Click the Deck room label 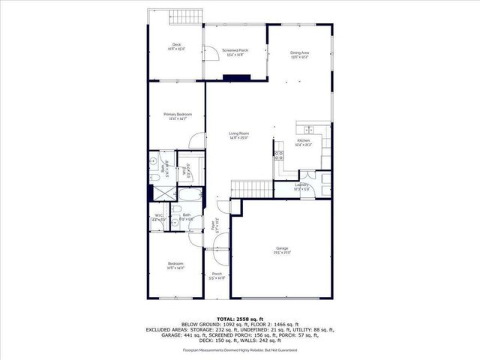pyautogui.click(x=176, y=46)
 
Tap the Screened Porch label pyautogui.click(x=235, y=50)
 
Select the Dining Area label pyautogui.click(x=300, y=52)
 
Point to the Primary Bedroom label pyautogui.click(x=177, y=115)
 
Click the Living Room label pyautogui.click(x=239, y=134)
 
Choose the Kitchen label pyautogui.click(x=304, y=141)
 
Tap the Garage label pyautogui.click(x=282, y=248)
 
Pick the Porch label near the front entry pyautogui.click(x=217, y=274)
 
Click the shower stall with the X pyautogui.click(x=160, y=192)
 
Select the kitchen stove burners pyautogui.click(x=279, y=157)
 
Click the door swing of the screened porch pyautogui.click(x=212, y=52)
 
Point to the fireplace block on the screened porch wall pyautogui.click(x=229, y=76)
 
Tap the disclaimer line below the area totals pyautogui.click(x=239, y=349)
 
